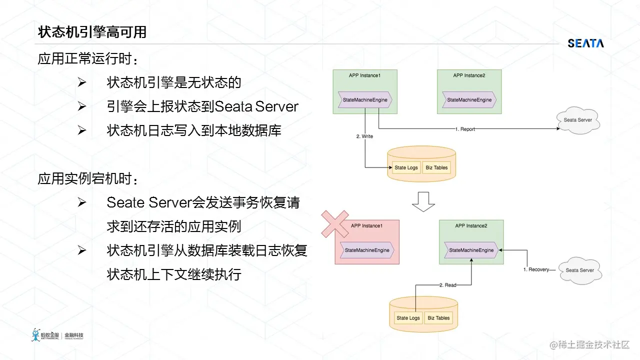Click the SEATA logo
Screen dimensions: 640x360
pos(585,43)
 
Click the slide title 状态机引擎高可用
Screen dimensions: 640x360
pos(92,32)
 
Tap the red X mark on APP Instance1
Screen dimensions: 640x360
pos(335,224)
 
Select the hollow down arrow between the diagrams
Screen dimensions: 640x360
pos(423,201)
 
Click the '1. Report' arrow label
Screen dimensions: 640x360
pos(465,129)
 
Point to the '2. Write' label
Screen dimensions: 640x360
pos(364,136)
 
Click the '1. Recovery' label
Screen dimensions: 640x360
pos(536,269)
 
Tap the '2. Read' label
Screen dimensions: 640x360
pos(447,285)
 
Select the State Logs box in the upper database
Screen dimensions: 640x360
pos(406,167)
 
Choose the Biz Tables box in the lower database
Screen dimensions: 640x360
pos(438,318)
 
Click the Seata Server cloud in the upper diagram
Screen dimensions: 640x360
pos(578,120)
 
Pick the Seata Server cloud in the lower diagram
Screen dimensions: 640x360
pos(580,270)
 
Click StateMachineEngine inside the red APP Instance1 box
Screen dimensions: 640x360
pos(367,250)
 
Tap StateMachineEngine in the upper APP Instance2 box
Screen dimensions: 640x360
pos(469,100)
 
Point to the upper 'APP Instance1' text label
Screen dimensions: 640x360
pos(364,75)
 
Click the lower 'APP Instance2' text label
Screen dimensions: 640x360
pos(471,225)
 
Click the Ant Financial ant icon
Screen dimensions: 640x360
pos(35,335)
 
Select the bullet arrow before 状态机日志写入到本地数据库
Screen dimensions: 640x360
pos(81,130)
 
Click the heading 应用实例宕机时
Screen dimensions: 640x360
pos(88,179)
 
